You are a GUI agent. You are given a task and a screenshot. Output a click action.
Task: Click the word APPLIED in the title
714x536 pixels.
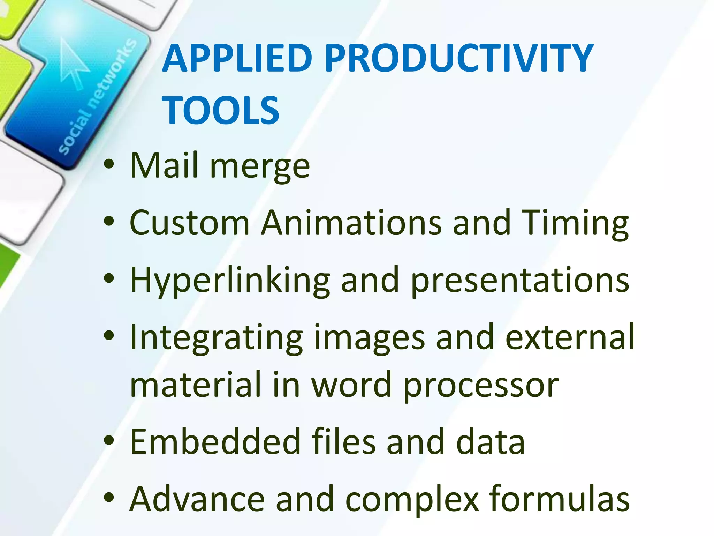[237, 58]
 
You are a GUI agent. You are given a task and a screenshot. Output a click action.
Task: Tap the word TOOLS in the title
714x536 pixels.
[220, 110]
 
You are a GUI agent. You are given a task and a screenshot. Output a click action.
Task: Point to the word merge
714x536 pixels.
[260, 167]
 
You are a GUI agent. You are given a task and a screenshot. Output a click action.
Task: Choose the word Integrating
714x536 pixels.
[216, 338]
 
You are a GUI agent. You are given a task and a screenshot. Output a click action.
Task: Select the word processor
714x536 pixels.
[481, 386]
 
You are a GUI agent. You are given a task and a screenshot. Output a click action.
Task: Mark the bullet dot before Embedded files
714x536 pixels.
[109, 441]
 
